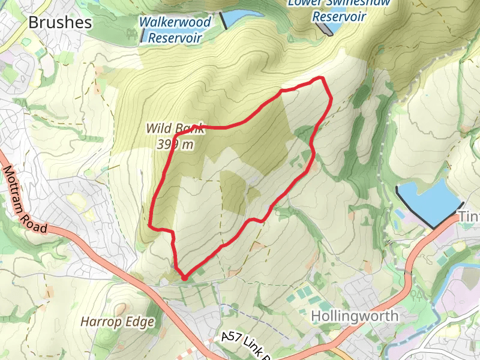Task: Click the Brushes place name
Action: [x=60, y=23]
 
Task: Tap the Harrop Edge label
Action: [x=118, y=322]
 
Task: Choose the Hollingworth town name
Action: [x=355, y=316]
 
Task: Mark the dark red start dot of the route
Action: [x=184, y=277]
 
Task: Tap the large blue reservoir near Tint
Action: [x=428, y=199]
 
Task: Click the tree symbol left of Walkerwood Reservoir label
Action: [x=129, y=32]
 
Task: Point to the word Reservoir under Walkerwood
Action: [x=175, y=38]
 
